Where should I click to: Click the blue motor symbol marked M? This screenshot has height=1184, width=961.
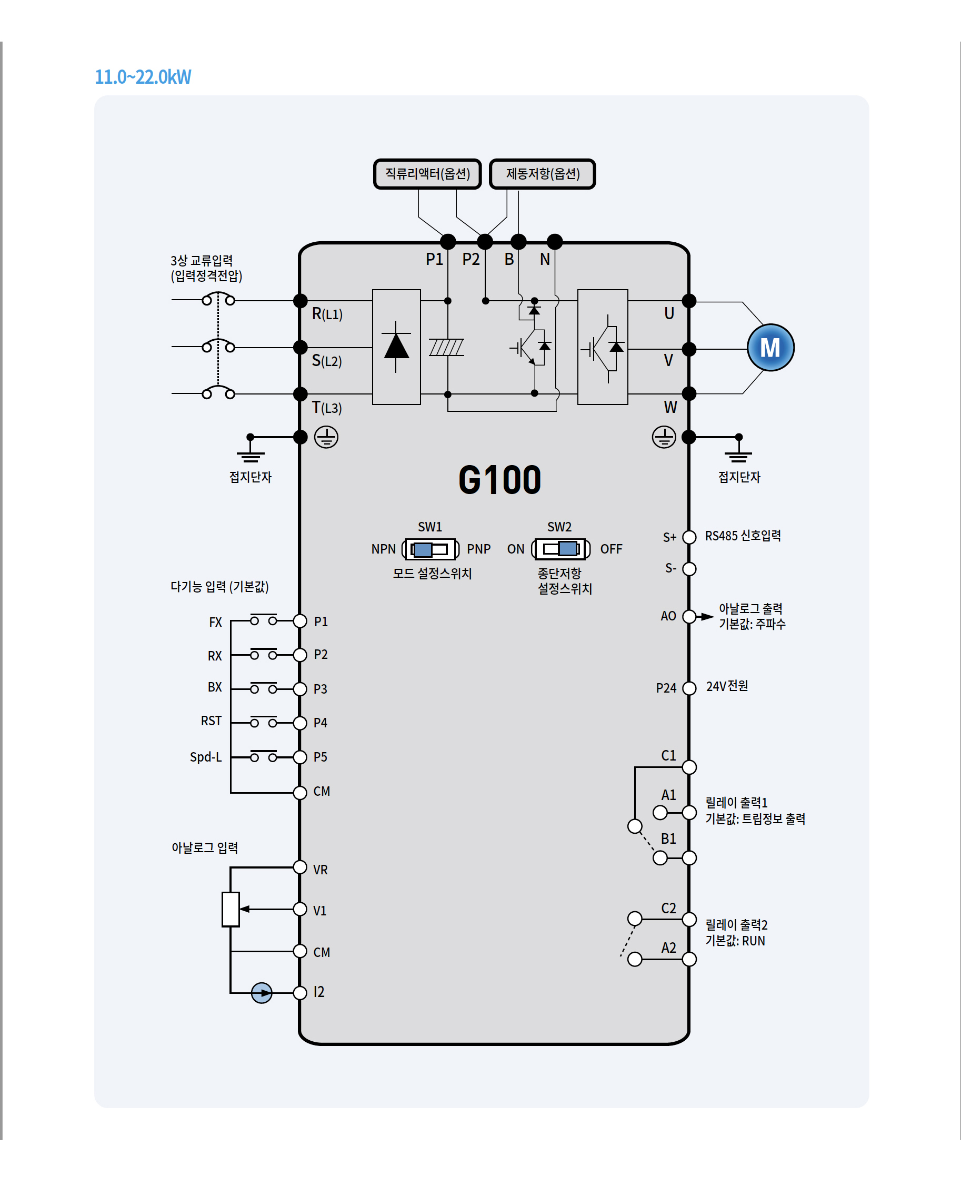(770, 348)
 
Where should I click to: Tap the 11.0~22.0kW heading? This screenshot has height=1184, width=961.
(143, 76)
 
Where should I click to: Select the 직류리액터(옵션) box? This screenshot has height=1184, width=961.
(427, 174)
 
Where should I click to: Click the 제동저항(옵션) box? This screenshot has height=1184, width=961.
(543, 174)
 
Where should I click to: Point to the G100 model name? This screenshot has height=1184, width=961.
(499, 480)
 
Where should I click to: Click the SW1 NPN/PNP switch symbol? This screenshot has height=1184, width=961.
(431, 549)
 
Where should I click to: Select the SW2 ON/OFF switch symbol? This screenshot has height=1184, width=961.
(561, 548)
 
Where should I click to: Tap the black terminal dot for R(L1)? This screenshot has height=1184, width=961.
(300, 301)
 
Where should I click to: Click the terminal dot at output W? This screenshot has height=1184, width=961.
(689, 393)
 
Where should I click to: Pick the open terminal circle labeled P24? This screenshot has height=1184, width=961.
(689, 688)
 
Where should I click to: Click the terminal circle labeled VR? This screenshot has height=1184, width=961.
(300, 867)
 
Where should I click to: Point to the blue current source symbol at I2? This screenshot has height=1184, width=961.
(262, 993)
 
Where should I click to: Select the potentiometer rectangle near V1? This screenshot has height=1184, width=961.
(231, 909)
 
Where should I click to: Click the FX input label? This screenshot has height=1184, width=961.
(215, 622)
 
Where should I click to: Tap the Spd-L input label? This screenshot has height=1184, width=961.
(205, 757)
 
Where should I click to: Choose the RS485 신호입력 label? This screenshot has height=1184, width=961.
(743, 536)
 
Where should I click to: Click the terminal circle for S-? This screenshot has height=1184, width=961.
(689, 569)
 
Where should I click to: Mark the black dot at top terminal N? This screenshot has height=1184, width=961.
(555, 242)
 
